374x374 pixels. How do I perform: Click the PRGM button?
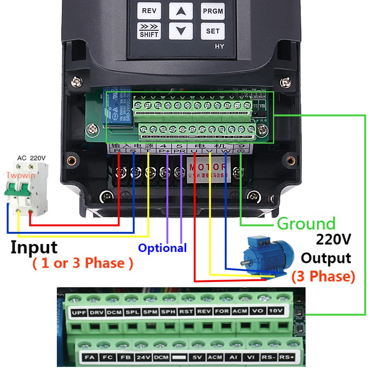(x=213, y=11)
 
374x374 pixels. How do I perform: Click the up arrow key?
(x=181, y=11)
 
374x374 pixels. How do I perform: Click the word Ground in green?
(x=306, y=224)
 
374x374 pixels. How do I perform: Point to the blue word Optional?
(x=162, y=248)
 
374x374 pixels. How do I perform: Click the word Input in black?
(x=34, y=247)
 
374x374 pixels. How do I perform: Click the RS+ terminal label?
(x=287, y=358)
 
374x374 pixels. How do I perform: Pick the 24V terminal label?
(x=142, y=358)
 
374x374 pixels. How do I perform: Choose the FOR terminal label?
(x=222, y=312)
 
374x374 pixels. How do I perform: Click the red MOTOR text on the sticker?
(x=207, y=167)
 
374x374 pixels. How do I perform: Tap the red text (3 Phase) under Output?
(x=323, y=276)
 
